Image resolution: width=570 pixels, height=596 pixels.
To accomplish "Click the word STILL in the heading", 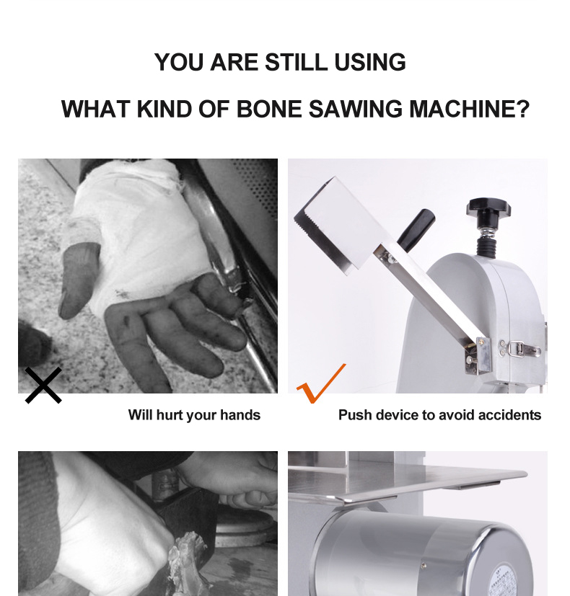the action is (296, 62).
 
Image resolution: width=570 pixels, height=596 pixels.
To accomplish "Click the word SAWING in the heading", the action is (356, 109).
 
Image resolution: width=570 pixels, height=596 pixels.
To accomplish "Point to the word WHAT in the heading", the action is (95, 109).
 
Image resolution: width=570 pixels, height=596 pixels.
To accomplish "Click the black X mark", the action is (43, 385).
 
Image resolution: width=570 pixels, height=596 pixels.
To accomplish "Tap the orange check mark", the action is (321, 383).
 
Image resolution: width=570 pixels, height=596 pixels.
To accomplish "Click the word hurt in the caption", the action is (168, 415).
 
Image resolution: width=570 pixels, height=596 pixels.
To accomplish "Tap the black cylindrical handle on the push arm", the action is (416, 230).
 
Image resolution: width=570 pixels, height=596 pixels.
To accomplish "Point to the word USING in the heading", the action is (370, 62).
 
